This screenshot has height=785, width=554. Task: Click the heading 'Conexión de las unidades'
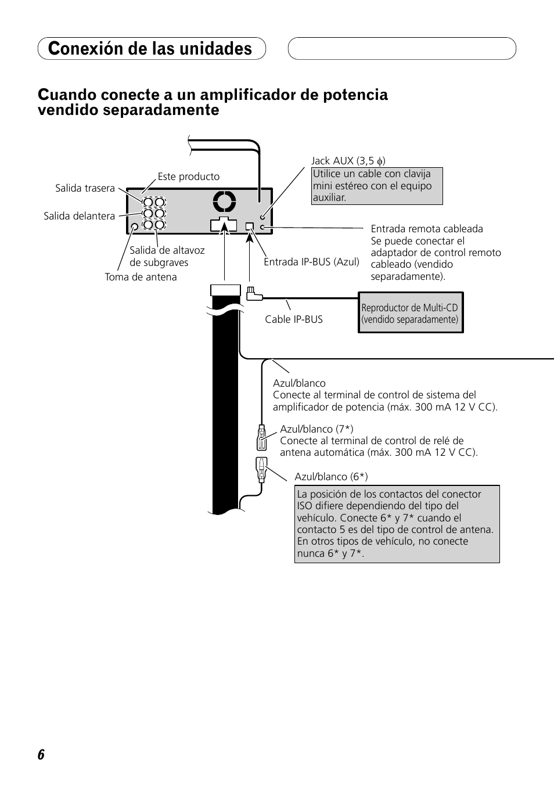(151, 49)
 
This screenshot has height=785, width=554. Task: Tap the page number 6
(41, 755)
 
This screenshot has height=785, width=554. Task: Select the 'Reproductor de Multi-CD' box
(410, 313)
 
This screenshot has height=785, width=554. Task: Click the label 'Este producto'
(188, 177)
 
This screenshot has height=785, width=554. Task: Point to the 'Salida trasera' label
(85, 188)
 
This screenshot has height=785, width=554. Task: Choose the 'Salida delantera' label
(79, 216)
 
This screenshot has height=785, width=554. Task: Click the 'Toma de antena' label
(141, 277)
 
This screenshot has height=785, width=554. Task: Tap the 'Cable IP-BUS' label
(293, 319)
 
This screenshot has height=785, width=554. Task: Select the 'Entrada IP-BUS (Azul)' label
(311, 262)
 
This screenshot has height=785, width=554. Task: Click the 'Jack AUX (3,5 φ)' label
(348, 161)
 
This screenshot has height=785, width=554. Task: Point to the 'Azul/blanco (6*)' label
(330, 477)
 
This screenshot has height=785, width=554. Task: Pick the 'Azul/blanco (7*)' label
(316, 429)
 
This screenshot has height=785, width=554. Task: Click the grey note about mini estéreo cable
(377, 186)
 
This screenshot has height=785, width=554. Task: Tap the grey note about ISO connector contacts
(397, 524)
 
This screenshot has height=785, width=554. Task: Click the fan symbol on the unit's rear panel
(224, 201)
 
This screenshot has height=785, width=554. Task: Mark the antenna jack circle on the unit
(135, 227)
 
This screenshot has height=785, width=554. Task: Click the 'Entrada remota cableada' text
(427, 229)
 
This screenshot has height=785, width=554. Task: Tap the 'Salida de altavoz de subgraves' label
(167, 256)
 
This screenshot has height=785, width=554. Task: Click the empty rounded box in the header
(402, 49)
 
